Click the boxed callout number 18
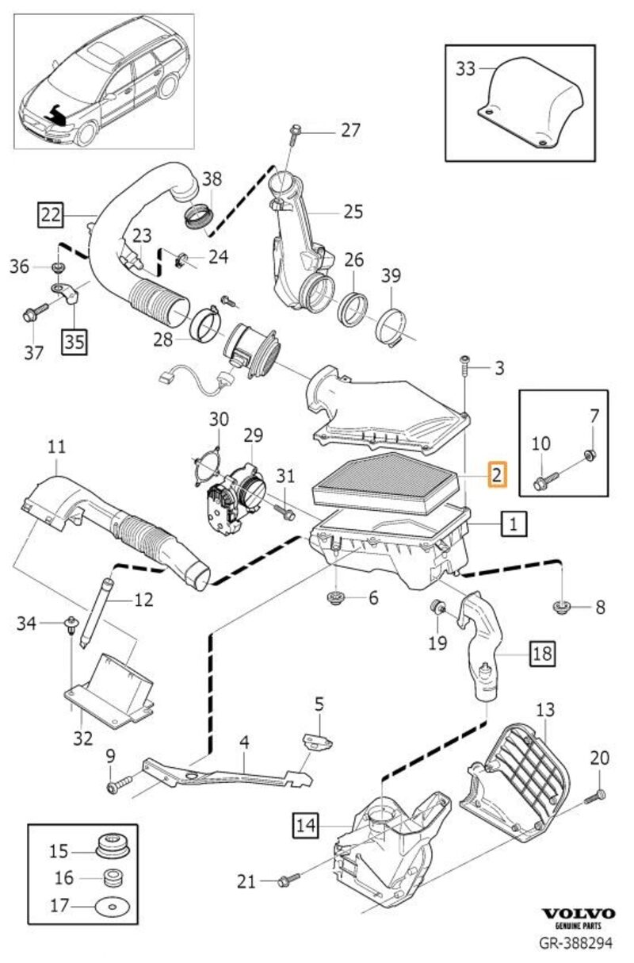pyautogui.click(x=541, y=654)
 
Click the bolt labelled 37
pyautogui.click(x=32, y=315)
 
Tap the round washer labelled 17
pyautogui.click(x=109, y=907)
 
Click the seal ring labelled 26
pyautogui.click(x=354, y=307)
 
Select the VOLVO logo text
pyautogui.click(x=578, y=914)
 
